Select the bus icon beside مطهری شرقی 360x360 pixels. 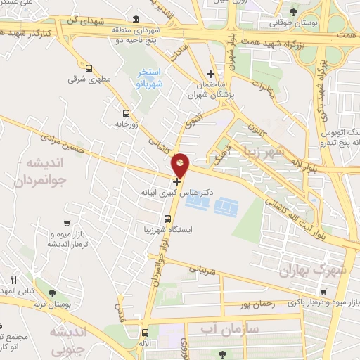(x=89, y=69)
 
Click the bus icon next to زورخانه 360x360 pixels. (x=126, y=112)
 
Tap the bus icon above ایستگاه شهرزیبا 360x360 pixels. (x=167, y=218)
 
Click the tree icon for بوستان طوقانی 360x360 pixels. (x=294, y=12)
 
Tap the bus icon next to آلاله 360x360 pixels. (x=145, y=333)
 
